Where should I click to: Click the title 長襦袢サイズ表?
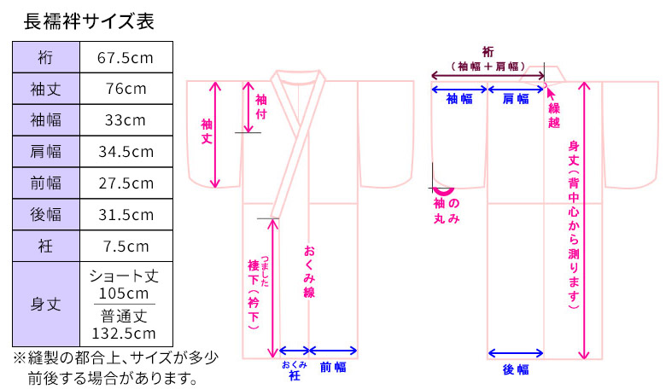click(89, 21)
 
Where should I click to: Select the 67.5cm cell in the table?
click(126, 57)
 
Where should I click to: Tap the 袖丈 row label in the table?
click(46, 89)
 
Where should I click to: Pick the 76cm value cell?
click(126, 89)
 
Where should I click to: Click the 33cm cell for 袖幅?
click(126, 120)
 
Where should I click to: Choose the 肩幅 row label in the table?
click(46, 152)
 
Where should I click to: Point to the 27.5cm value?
click(126, 183)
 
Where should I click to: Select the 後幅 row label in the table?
click(46, 214)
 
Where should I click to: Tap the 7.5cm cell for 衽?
click(126, 246)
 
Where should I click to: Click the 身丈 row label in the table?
click(46, 305)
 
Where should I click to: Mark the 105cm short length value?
click(124, 293)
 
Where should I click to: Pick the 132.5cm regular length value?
click(124, 333)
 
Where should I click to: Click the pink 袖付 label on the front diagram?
click(260, 107)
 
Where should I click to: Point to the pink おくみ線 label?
click(309, 271)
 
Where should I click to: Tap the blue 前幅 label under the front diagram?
click(333, 367)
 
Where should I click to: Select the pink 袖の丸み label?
click(447, 211)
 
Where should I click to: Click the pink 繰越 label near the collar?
click(554, 115)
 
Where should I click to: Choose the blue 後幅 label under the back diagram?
click(516, 369)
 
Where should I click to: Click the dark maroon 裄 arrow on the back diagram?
click(488, 76)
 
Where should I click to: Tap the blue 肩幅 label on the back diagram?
click(516, 99)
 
